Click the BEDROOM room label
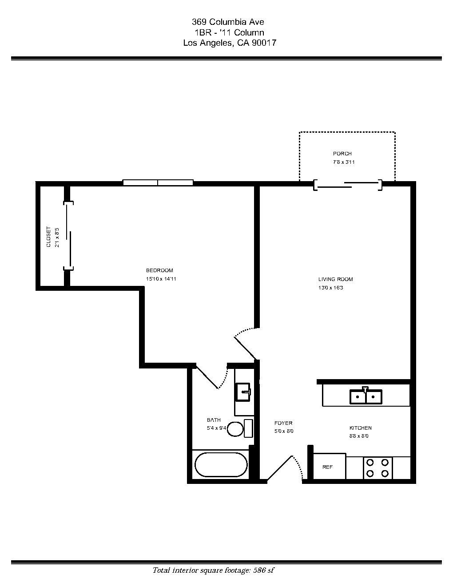[159, 270]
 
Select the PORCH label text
[342, 154]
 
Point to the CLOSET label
[49, 237]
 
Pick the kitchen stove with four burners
[377, 468]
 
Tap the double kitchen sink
[366, 396]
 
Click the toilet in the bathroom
[239, 428]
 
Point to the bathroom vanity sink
[243, 392]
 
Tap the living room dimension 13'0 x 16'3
[331, 288]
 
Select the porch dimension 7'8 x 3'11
[344, 162]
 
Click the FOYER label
[283, 423]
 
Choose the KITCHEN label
[360, 428]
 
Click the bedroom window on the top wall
[158, 182]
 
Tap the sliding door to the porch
[348, 185]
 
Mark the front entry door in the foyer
[280, 468]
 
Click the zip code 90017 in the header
[265, 43]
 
